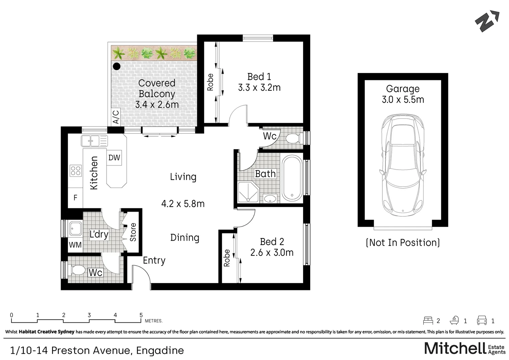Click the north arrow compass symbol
(x=487, y=21)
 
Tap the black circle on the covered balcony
(x=117, y=66)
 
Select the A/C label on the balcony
(x=116, y=117)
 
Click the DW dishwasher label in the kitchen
(x=114, y=157)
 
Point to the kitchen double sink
(x=94, y=141)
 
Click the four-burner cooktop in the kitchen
(x=76, y=171)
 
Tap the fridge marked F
(x=75, y=198)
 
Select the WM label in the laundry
(x=75, y=245)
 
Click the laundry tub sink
(x=76, y=228)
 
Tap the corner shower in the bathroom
(x=248, y=192)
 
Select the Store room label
(x=133, y=232)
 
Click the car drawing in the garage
(x=403, y=165)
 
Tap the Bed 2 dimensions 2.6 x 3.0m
(x=272, y=252)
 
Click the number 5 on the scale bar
(x=141, y=315)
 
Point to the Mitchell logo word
(x=455, y=348)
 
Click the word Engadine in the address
(x=160, y=351)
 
